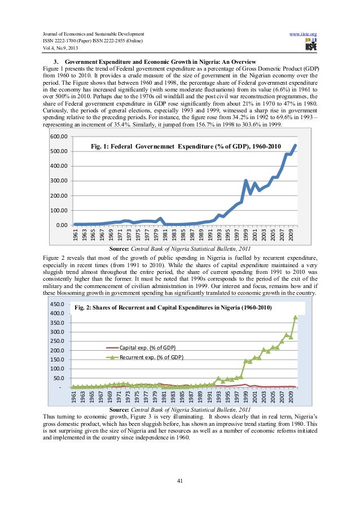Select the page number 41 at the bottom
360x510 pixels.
pos(180,481)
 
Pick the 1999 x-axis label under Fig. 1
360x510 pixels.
pos(245,234)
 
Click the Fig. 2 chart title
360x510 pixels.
pos(173,308)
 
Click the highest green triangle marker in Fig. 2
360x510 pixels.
pos(295,317)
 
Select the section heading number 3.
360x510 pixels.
pos(55,60)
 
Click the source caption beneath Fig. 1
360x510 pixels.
pos(180,249)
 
